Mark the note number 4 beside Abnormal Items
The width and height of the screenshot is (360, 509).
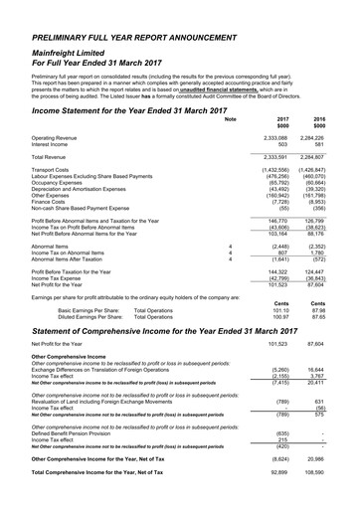pyautogui.click(x=231, y=245)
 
